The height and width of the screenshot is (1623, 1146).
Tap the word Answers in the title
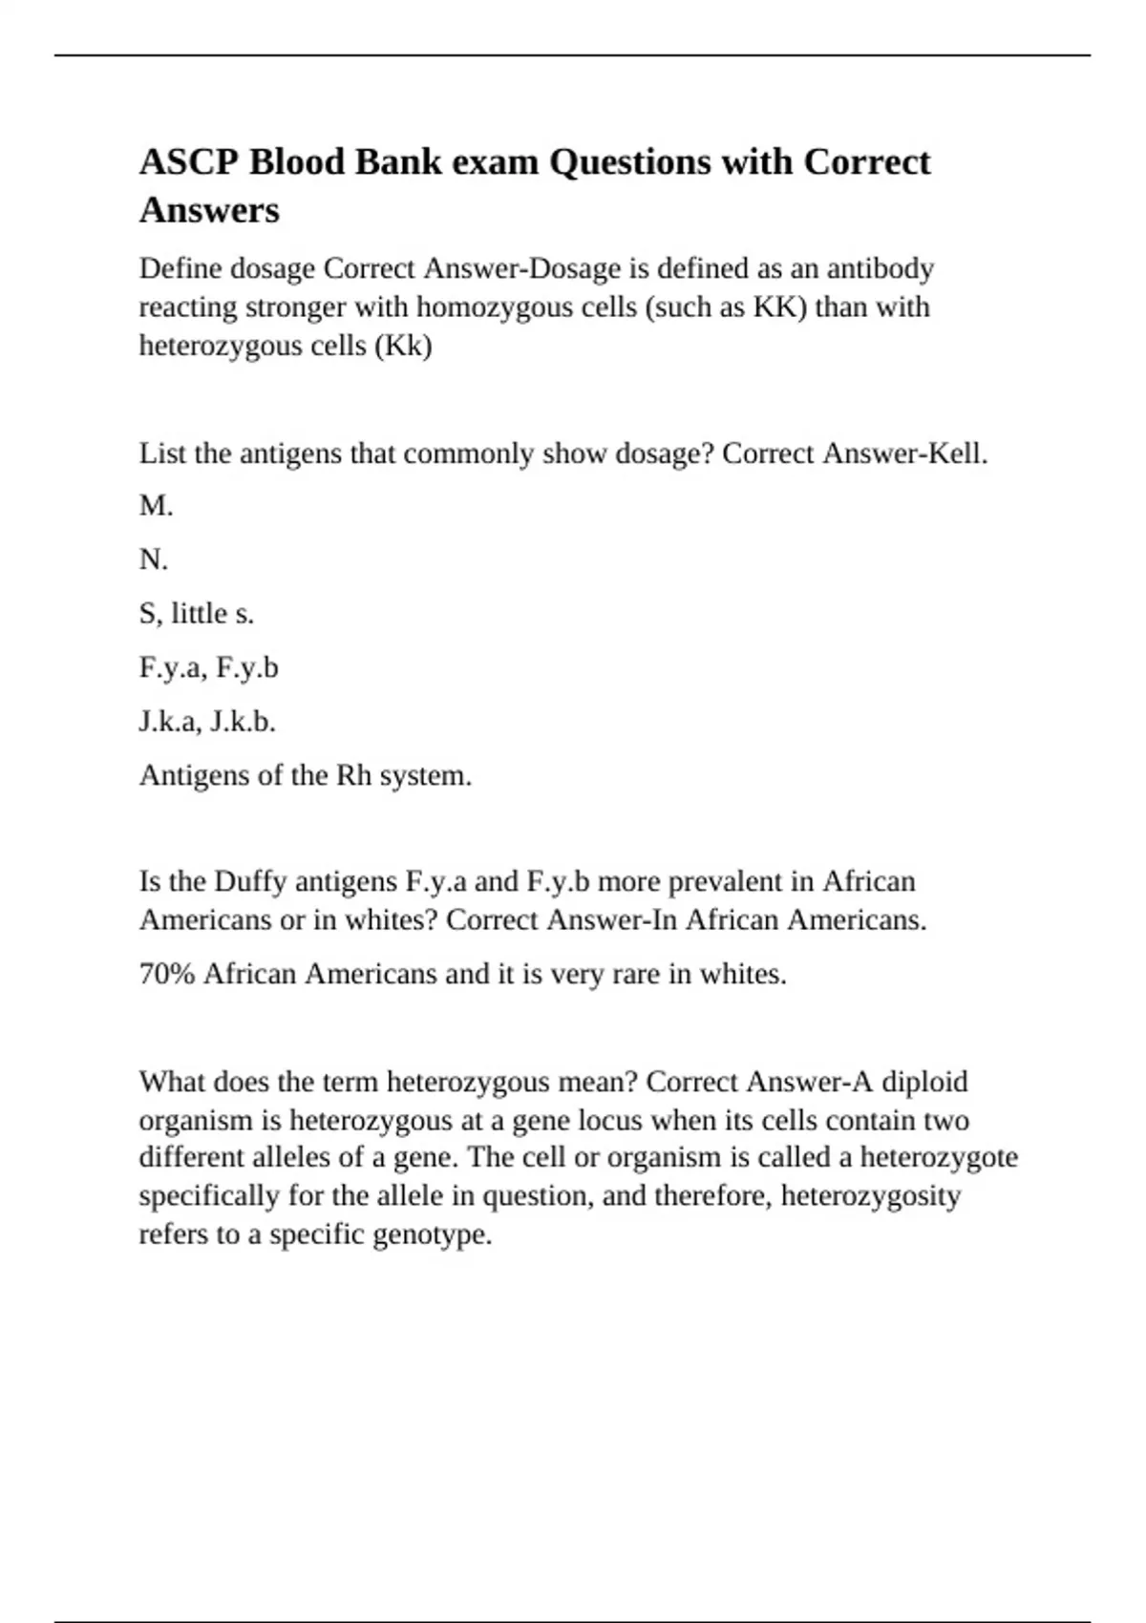[x=209, y=210]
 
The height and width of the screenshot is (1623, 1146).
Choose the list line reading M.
[x=156, y=506]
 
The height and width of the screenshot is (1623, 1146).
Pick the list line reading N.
[x=154, y=559]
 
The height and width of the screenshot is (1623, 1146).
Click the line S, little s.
[x=197, y=613]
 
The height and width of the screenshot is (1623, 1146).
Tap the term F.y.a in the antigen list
[x=171, y=667]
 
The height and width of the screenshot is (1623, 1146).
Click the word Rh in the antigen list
[x=353, y=775]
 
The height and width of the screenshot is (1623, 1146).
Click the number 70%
[x=167, y=974]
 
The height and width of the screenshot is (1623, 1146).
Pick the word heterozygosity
[x=871, y=1195]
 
